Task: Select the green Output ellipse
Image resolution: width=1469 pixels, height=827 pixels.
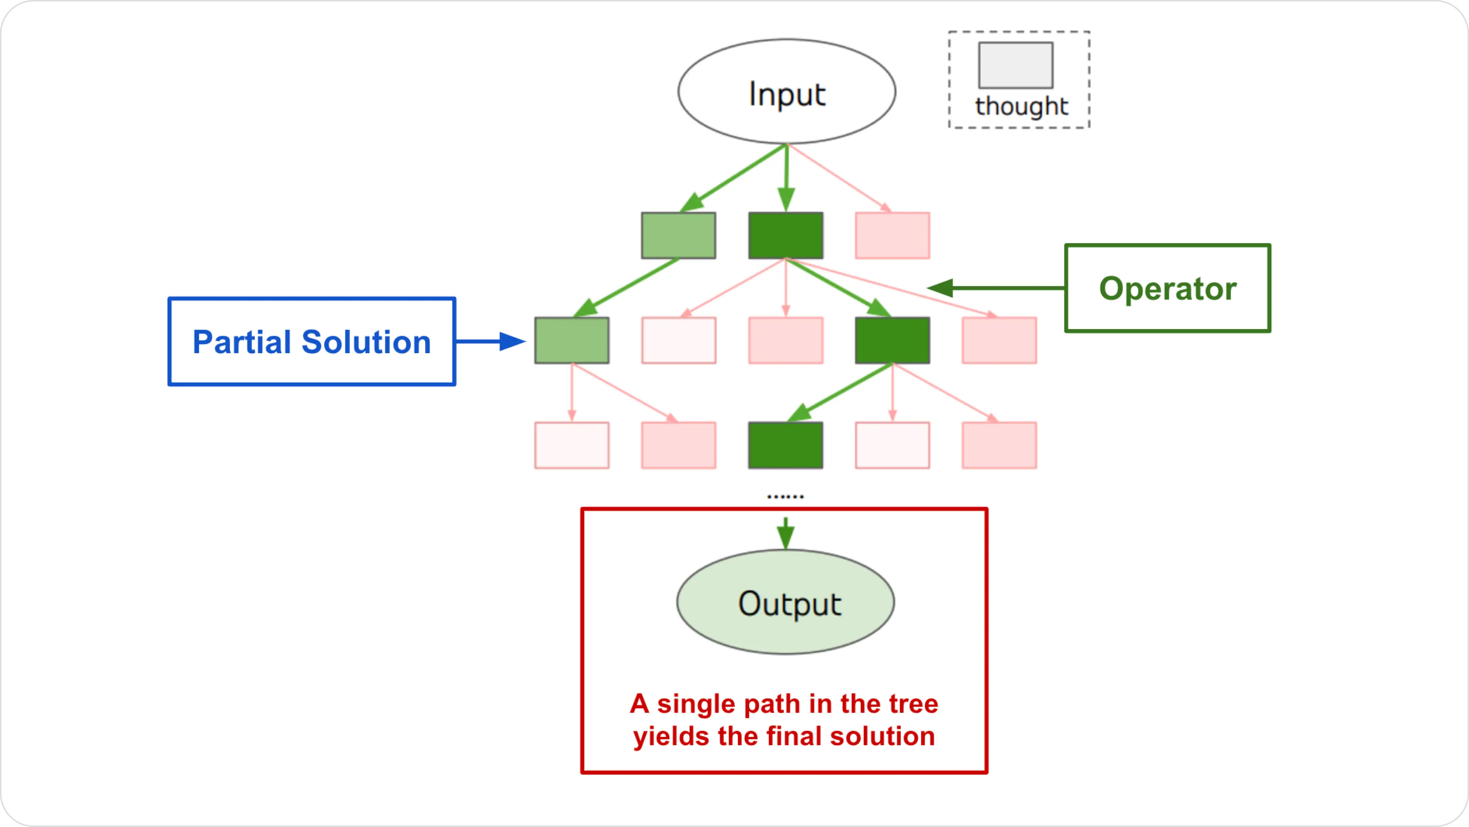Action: point(785,602)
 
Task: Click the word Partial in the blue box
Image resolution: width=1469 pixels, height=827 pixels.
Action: point(242,342)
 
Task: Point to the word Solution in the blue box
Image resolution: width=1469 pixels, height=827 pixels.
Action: point(366,342)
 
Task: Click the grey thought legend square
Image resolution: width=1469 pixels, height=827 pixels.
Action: point(1016,65)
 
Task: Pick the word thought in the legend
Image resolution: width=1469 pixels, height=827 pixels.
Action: point(1021,107)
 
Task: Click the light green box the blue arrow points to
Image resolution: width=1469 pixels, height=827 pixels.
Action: point(571,341)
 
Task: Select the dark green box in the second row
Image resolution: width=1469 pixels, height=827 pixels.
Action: point(893,341)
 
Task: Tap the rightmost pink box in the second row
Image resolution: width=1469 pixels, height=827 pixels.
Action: point(999,341)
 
